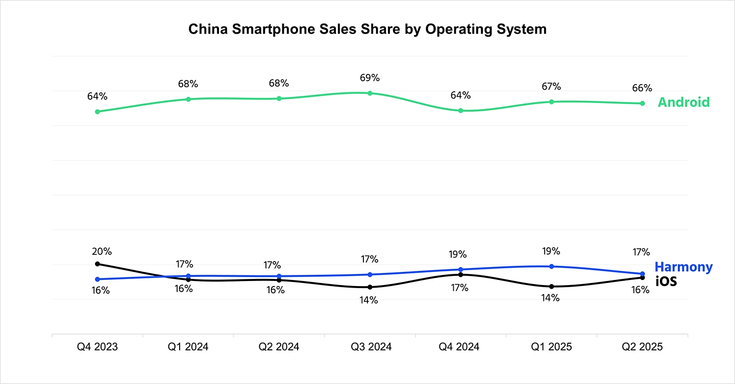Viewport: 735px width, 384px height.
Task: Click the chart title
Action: click(367, 29)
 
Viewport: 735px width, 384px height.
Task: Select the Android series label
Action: click(683, 102)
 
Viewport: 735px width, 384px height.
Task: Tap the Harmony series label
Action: click(683, 267)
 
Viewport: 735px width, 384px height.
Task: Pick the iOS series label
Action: click(666, 280)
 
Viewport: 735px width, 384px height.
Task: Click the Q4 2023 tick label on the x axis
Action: click(97, 347)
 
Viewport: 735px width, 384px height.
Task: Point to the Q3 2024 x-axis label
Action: click(371, 347)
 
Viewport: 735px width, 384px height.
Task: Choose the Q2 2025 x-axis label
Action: click(642, 347)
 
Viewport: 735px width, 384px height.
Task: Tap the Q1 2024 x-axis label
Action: click(188, 347)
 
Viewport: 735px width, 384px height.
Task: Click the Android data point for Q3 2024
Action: click(370, 93)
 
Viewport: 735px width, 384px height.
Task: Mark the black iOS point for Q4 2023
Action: click(97, 264)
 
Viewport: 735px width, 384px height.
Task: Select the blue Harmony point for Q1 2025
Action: click(551, 266)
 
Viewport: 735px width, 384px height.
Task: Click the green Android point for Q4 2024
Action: click(461, 111)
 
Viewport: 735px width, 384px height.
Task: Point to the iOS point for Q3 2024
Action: click(370, 287)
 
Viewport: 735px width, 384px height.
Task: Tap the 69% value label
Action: click(370, 78)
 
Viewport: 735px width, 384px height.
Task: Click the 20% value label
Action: click(102, 251)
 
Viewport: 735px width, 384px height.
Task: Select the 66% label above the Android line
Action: click(642, 88)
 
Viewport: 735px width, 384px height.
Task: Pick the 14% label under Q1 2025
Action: click(550, 298)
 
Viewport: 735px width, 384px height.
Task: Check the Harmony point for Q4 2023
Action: click(97, 279)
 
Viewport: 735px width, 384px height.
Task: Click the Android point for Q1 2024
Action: click(188, 99)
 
